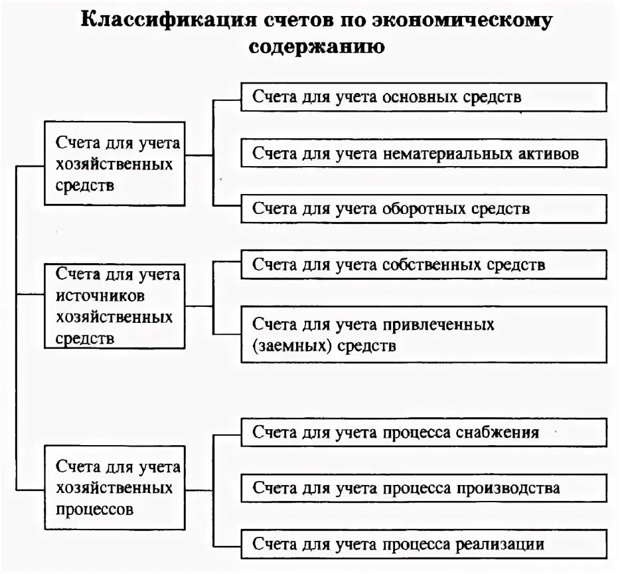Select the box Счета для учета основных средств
423,97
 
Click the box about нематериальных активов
423,153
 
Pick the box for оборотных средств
423,209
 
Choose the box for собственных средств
423,264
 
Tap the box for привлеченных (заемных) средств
423,334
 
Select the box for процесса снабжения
423,432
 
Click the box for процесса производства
423,488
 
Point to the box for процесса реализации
423,544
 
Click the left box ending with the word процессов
114,488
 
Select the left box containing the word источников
114,306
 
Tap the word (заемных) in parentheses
293,346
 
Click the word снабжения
497,433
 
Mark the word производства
508,489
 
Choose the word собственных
433,265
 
